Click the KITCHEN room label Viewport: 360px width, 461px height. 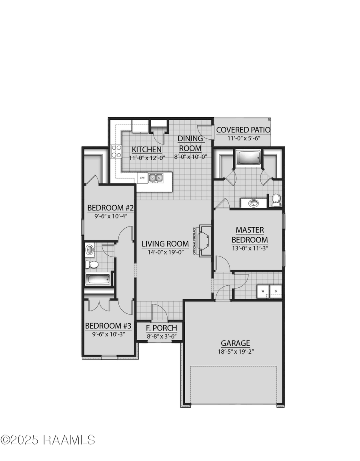click(x=147, y=149)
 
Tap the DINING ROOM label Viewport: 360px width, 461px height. click(x=190, y=143)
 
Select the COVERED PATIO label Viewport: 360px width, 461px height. click(x=243, y=130)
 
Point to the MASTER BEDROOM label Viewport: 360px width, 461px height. click(x=250, y=235)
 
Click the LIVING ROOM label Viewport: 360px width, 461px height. click(x=165, y=243)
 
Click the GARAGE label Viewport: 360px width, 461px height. click(x=236, y=343)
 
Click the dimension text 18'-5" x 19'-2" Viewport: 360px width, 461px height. click(x=236, y=351)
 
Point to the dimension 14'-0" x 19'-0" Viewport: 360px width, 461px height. click(x=165, y=252)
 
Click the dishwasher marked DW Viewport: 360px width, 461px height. click(x=142, y=177)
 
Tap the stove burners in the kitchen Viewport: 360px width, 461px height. click(x=116, y=152)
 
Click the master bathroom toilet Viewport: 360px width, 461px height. click(x=276, y=200)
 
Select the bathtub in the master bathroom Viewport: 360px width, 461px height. click(x=248, y=157)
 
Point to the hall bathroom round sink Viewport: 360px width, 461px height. click(x=89, y=250)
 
